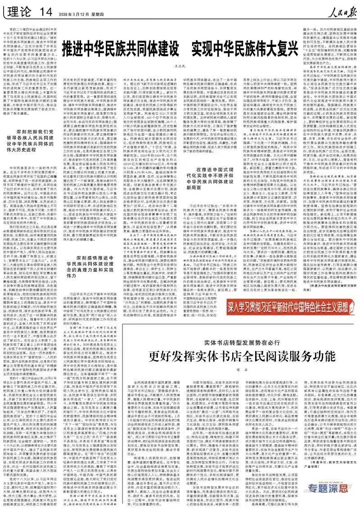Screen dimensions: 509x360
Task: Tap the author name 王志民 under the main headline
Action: tap(180, 65)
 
